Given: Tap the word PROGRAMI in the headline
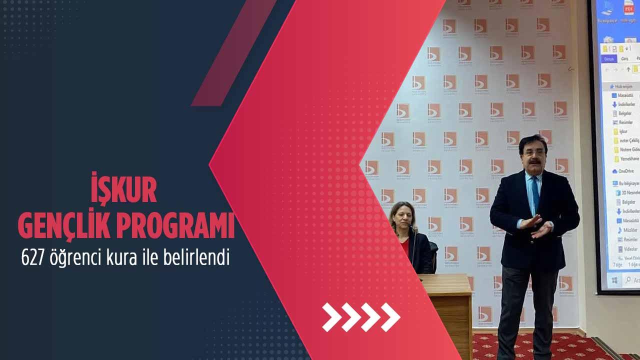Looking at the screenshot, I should pyautogui.click(x=176, y=226).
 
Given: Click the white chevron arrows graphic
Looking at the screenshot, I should pyautogui.click(x=361, y=317).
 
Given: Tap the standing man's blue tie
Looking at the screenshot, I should pyautogui.click(x=535, y=192).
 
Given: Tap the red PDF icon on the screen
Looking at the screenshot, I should pyautogui.click(x=628, y=8).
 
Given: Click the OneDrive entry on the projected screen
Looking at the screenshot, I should pyautogui.click(x=625, y=171).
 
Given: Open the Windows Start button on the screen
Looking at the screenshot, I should pyautogui.click(x=614, y=280).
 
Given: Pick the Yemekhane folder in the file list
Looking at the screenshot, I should pyautogui.click(x=628, y=158).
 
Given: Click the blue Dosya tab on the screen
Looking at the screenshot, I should pyautogui.click(x=609, y=58).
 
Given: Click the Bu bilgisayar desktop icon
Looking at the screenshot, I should pyautogui.click(x=607, y=10).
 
